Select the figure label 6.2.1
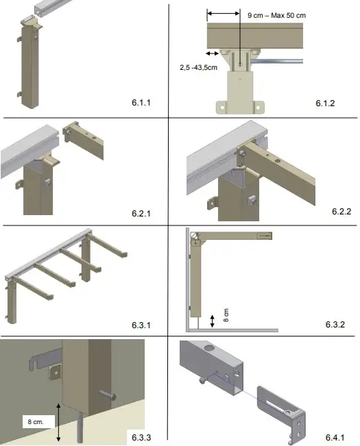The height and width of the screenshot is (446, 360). click(141, 213)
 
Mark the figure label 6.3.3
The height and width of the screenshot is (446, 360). click(141, 436)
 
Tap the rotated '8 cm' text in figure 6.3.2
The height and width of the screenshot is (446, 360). click(227, 314)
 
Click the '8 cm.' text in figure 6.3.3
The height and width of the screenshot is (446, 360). click(36, 423)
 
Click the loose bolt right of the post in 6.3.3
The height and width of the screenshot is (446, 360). click(109, 396)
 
